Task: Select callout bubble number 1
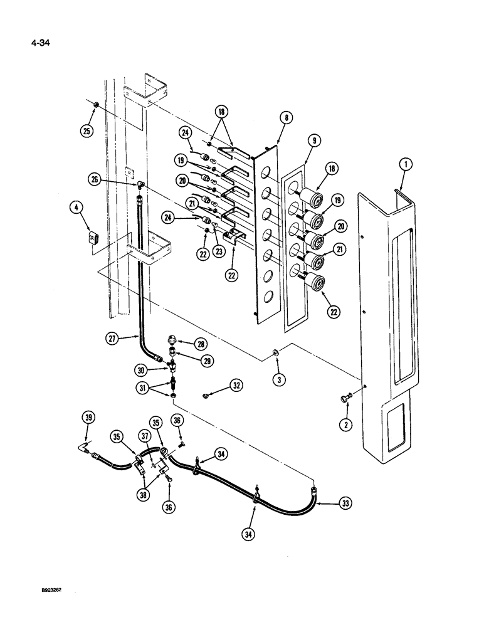(407, 165)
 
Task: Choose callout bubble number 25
(86, 131)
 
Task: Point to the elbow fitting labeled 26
(142, 185)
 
